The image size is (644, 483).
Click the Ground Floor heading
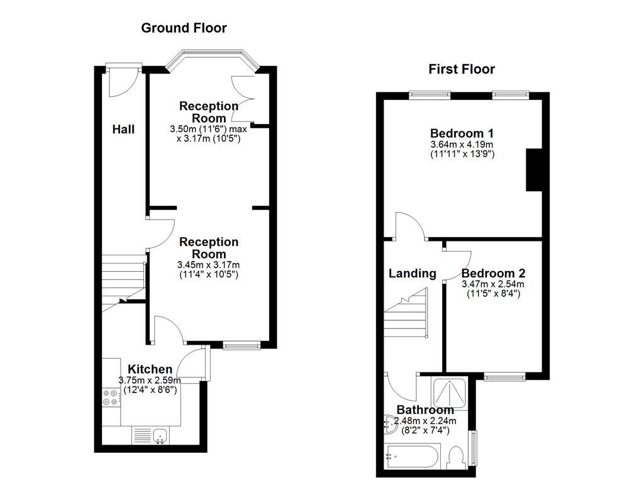click(x=184, y=28)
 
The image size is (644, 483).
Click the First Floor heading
click(x=462, y=69)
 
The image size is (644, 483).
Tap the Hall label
click(x=123, y=130)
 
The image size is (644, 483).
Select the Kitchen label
click(x=150, y=369)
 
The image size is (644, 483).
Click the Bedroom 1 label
click(x=461, y=133)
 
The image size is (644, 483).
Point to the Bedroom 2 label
click(x=493, y=274)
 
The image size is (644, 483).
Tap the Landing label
click(x=412, y=274)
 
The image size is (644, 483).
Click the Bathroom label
click(x=425, y=410)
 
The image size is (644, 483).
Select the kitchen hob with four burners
click(x=111, y=397)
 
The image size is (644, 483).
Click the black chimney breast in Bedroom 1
click(x=533, y=169)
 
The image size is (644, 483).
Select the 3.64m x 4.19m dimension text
click(x=462, y=145)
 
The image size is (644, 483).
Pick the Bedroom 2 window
click(x=505, y=377)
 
